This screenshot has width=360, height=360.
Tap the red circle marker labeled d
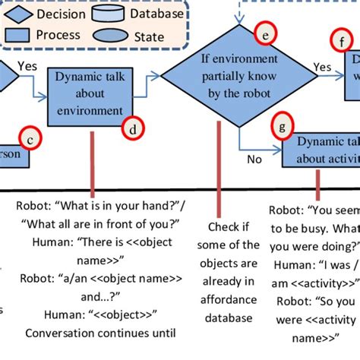coord(134,129)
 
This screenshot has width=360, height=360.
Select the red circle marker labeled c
coord(30,138)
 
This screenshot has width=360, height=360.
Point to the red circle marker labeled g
coord(283,127)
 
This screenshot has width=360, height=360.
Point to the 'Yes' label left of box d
coord(27,66)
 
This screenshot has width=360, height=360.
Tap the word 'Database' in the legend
coord(156,13)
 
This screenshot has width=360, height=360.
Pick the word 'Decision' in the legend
coord(60,14)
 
